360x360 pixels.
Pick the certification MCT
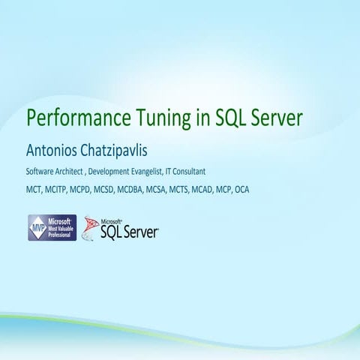pos(34,190)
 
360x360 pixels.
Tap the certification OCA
pos(242,190)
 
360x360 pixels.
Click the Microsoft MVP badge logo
pos(52,227)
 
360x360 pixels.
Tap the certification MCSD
pos(106,190)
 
